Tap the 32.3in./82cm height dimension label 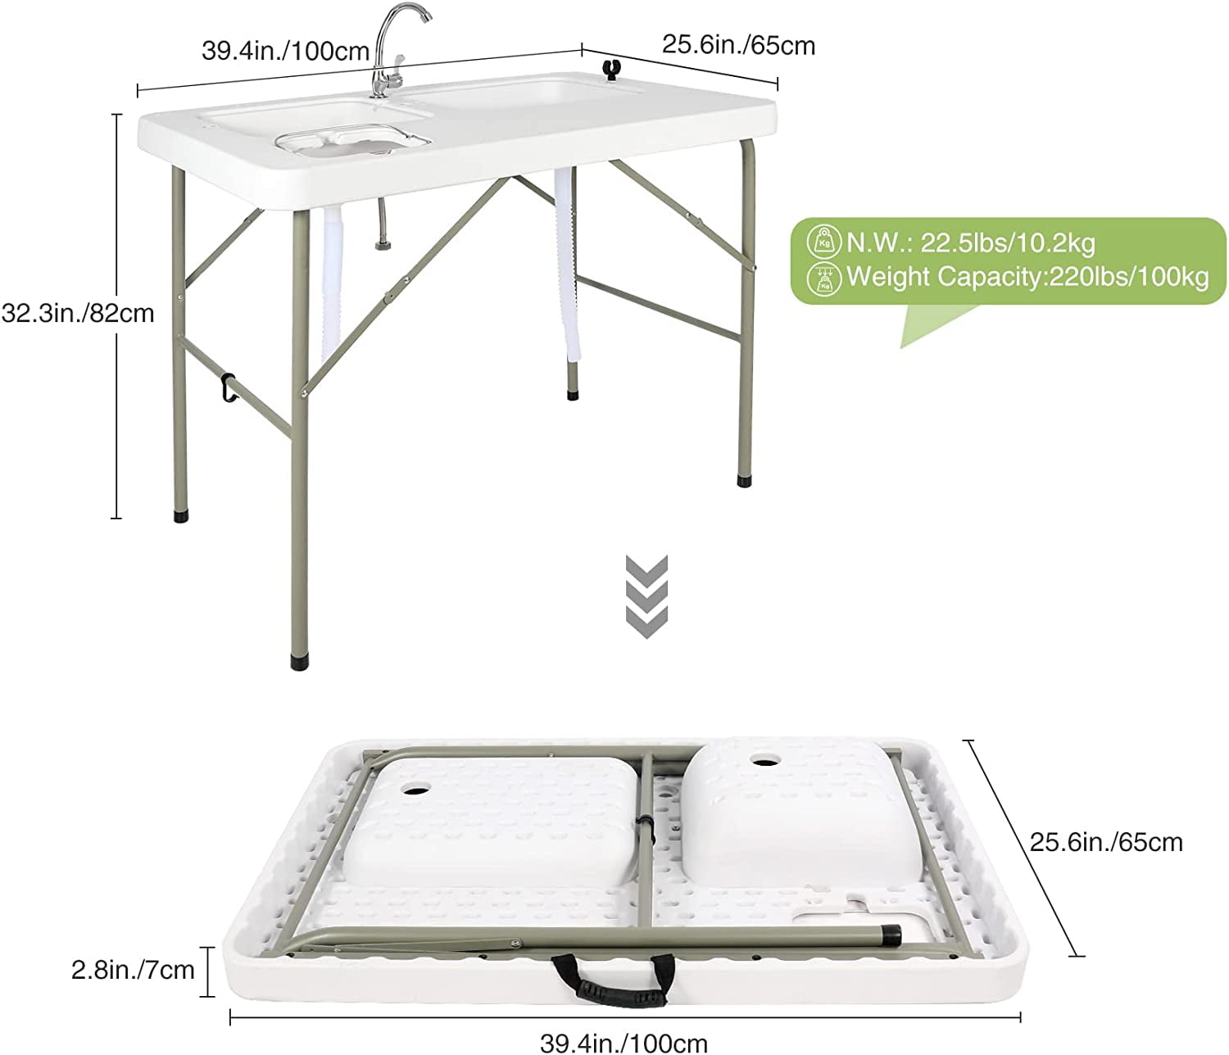point(78,313)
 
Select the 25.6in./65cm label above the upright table point(738,45)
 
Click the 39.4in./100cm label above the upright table point(286,51)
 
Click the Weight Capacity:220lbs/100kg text point(1027,276)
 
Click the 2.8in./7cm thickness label point(134,971)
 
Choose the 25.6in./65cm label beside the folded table point(1106,842)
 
